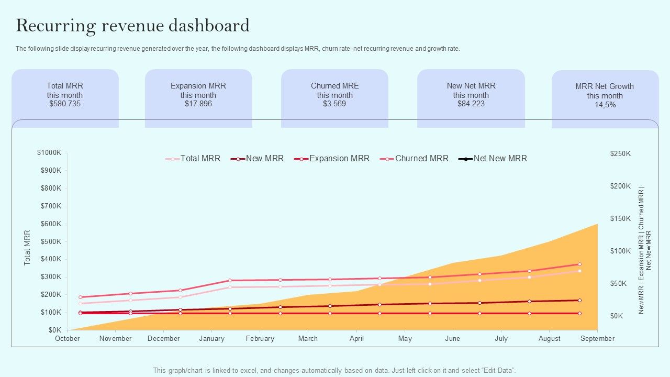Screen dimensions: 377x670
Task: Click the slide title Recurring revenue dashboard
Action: [x=132, y=25]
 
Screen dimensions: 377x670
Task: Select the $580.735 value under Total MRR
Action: [x=65, y=104]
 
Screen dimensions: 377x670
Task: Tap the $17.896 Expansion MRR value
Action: [x=198, y=104]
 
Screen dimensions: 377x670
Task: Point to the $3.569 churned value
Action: [x=334, y=104]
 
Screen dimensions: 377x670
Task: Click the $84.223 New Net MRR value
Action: [x=471, y=104]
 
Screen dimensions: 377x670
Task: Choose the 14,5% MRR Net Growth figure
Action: [x=605, y=105]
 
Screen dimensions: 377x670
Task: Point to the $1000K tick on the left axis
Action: [x=49, y=152]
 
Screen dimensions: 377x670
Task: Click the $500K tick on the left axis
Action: [x=51, y=241]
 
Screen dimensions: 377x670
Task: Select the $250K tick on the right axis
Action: [x=620, y=153]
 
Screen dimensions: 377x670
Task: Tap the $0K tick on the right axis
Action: [x=617, y=316]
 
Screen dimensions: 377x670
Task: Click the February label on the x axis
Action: [x=260, y=339]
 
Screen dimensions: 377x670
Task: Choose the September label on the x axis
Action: [x=597, y=339]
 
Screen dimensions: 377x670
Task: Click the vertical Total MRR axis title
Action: [x=28, y=248]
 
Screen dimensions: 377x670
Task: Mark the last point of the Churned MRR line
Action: [x=579, y=264]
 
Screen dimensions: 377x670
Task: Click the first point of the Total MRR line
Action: [x=81, y=304]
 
